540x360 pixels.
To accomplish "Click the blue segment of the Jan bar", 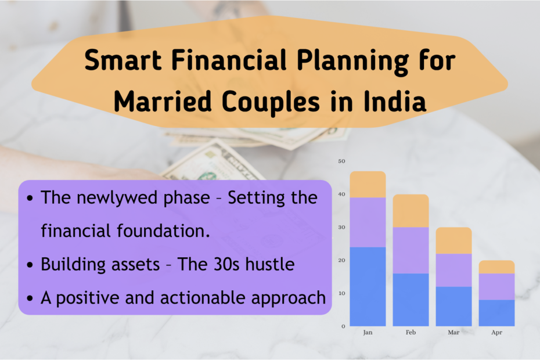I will pyautogui.click(x=368, y=286).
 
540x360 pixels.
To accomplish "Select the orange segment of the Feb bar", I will pyautogui.click(x=411, y=211).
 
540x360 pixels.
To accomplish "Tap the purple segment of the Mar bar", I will pyautogui.click(x=453, y=270).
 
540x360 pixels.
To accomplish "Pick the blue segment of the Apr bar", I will pyautogui.click(x=496, y=312).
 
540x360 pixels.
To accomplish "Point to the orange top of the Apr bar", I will pyautogui.click(x=496, y=267).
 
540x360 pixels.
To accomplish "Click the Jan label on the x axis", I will pyautogui.click(x=368, y=333).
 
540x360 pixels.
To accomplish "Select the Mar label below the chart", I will pyautogui.click(x=453, y=333).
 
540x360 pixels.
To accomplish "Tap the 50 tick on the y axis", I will pyautogui.click(x=341, y=161).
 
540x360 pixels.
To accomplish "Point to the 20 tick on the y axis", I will pyautogui.click(x=341, y=260).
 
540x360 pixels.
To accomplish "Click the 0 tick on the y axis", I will pyautogui.click(x=343, y=326).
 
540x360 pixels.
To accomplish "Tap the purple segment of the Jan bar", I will pyautogui.click(x=368, y=222).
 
